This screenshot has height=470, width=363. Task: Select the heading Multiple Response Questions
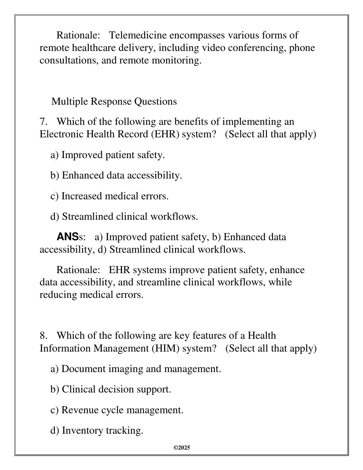114,101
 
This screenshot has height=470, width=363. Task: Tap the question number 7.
43,122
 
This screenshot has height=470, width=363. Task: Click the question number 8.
43,336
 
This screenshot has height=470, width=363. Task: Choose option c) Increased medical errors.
110,196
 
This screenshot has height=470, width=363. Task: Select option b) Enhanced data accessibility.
116,175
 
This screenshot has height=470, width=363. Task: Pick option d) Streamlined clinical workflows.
124,217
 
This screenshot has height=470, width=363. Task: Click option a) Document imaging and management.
136,369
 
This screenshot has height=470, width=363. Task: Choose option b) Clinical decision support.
111,389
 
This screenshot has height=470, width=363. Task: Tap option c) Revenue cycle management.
117,410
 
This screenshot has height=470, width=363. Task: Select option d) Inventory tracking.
97,431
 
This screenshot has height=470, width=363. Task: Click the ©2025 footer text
182,448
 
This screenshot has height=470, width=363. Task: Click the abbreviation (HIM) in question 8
165,348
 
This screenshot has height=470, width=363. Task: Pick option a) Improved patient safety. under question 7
108,155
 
